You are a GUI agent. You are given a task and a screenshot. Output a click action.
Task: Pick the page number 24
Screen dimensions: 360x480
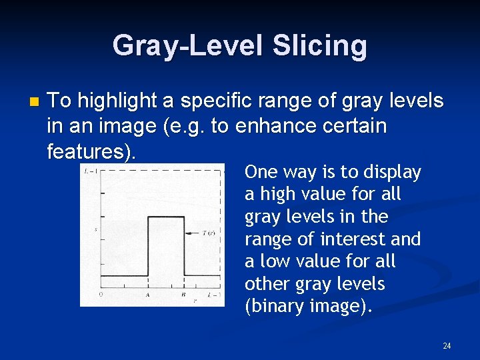(447, 345)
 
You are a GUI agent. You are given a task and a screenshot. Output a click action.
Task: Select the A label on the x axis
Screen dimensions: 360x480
(147, 294)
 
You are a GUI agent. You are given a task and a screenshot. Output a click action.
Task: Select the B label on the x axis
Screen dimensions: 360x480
(183, 294)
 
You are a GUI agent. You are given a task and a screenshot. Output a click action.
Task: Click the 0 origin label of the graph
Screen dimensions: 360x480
(101, 294)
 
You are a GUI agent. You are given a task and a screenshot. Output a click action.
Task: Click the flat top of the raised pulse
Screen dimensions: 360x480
(165, 216)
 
